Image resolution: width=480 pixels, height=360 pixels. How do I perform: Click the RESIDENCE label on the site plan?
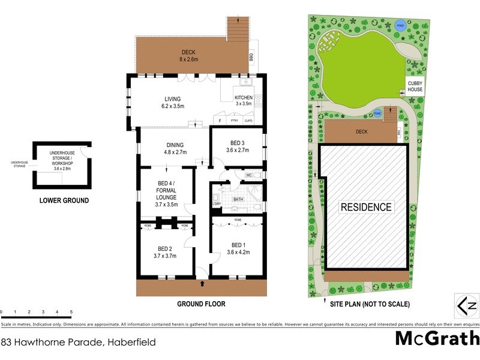pyautogui.click(x=366, y=208)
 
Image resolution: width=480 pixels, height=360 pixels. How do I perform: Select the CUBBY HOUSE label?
pyautogui.click(x=415, y=86)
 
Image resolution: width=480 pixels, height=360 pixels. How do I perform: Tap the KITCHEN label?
pyautogui.click(x=244, y=98)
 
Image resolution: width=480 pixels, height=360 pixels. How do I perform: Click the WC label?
pyautogui.click(x=248, y=175)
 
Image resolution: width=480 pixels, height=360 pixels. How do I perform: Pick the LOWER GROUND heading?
pyautogui.click(x=64, y=200)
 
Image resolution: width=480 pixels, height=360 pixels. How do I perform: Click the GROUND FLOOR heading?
pyautogui.click(x=201, y=304)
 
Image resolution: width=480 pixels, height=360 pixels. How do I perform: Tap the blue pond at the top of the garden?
pyautogui.click(x=400, y=25)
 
